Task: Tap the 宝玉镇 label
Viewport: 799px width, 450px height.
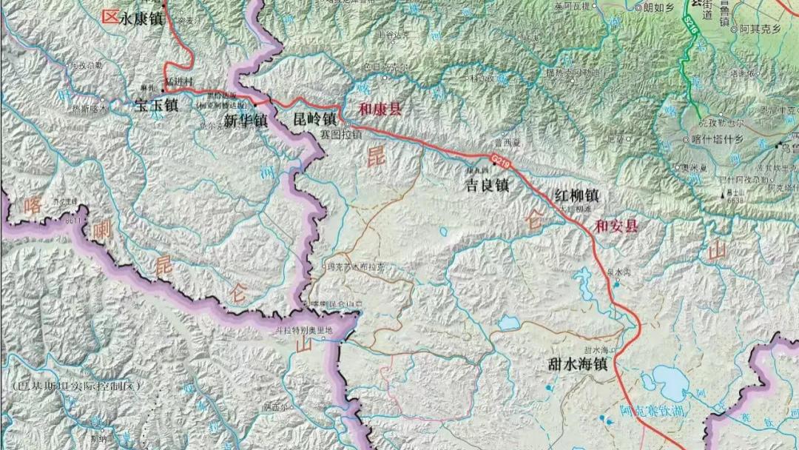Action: coord(156,106)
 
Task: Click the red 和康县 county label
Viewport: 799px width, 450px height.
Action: coord(380,110)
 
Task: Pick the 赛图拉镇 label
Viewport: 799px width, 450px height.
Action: coord(341,135)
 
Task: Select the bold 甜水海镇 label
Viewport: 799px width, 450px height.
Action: coord(578,364)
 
